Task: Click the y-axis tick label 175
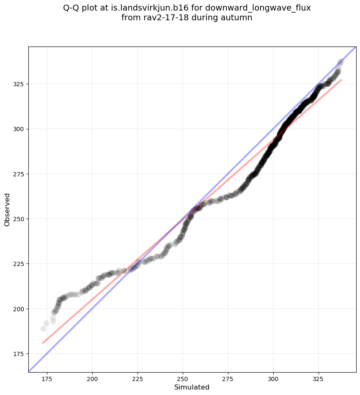point(19,354)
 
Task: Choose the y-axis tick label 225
point(19,264)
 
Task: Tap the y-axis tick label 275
point(19,174)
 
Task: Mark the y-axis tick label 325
point(19,84)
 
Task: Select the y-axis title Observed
point(7,209)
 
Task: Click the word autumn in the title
point(238,18)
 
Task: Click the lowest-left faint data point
point(43,329)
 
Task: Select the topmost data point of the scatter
point(341,61)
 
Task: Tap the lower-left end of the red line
point(43,343)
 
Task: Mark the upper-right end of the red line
point(341,80)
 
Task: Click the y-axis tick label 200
point(19,309)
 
